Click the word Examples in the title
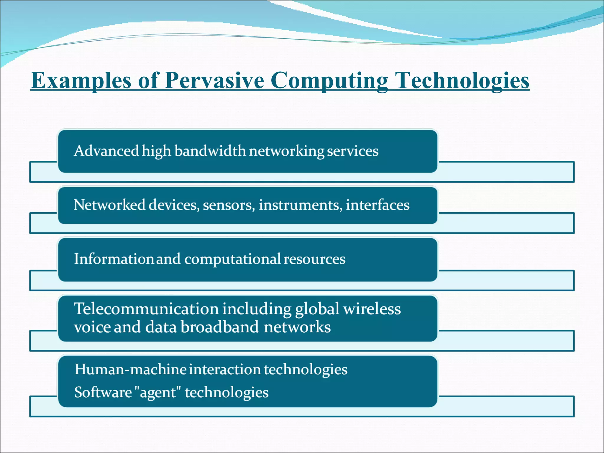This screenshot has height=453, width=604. click(81, 81)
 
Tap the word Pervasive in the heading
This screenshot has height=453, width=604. click(214, 81)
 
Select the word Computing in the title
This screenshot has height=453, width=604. click(329, 81)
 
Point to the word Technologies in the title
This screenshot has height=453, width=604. click(462, 81)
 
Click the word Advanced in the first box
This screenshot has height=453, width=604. click(106, 151)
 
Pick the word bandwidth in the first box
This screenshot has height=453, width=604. click(210, 151)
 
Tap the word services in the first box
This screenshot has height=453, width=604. click(352, 151)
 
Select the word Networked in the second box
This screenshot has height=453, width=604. click(109, 205)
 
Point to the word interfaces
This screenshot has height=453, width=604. click(377, 205)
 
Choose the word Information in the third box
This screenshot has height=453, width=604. click(114, 259)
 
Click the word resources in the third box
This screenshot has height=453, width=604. click(314, 259)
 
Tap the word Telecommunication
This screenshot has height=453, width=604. click(146, 309)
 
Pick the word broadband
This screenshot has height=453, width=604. click(219, 327)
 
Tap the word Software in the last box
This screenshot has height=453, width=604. click(103, 393)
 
